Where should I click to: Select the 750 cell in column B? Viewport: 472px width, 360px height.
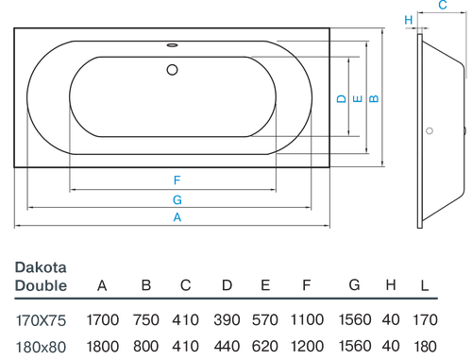pyautogui.click(x=146, y=320)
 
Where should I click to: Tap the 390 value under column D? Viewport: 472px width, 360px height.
pyautogui.click(x=228, y=320)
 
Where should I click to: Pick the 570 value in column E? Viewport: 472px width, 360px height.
pyautogui.click(x=265, y=320)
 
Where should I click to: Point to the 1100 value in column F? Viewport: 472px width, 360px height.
pyautogui.click(x=307, y=320)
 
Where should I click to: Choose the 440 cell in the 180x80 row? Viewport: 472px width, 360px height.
pyautogui.click(x=228, y=346)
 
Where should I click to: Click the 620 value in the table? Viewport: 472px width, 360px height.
pyautogui.click(x=265, y=346)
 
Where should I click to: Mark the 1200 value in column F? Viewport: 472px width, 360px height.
pyautogui.click(x=307, y=346)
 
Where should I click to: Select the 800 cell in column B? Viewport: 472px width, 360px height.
pyautogui.click(x=146, y=346)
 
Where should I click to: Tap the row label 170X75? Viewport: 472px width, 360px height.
pyautogui.click(x=40, y=320)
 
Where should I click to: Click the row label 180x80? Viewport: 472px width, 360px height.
pyautogui.click(x=40, y=346)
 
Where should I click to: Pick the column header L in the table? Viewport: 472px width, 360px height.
pyautogui.click(x=425, y=285)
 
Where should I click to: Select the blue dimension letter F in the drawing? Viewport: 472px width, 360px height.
pyautogui.click(x=177, y=180)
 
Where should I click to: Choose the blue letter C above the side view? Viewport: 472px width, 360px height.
pyautogui.click(x=442, y=6)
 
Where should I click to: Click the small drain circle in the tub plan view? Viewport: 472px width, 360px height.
pyautogui.click(x=173, y=69)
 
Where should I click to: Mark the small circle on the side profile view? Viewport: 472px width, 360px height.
pyautogui.click(x=430, y=132)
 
